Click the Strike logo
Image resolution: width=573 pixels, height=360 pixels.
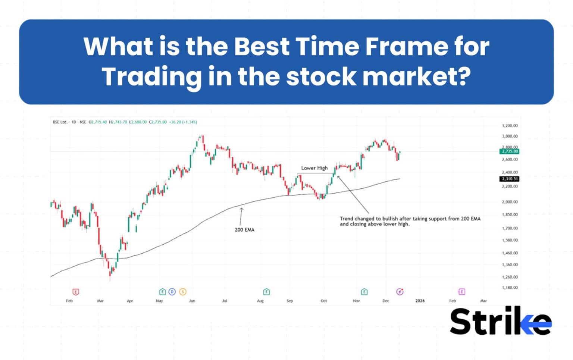pyautogui.click(x=500, y=322)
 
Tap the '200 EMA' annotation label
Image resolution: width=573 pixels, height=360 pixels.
pyautogui.click(x=244, y=230)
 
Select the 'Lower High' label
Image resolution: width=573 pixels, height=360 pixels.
pyautogui.click(x=314, y=168)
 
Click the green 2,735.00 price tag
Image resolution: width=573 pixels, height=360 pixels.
pyautogui.click(x=510, y=151)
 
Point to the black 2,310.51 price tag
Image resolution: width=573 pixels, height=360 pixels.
pyautogui.click(x=510, y=179)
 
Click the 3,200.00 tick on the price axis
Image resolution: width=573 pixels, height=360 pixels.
pyautogui.click(x=510, y=126)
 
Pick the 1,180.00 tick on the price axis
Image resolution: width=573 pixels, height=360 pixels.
pyautogui.click(x=510, y=288)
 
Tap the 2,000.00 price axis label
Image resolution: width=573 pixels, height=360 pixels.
pyautogui.click(x=510, y=202)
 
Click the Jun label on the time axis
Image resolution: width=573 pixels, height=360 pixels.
pyautogui.click(x=192, y=301)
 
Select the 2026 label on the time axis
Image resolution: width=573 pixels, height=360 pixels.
pyautogui.click(x=420, y=301)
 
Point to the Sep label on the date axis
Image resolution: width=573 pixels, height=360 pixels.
pyautogui.click(x=290, y=301)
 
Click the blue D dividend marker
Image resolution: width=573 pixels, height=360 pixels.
pyautogui.click(x=172, y=292)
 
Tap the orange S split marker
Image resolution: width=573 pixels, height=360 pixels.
pyautogui.click(x=183, y=292)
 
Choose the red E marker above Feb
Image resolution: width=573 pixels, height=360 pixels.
pyautogui.click(x=76, y=292)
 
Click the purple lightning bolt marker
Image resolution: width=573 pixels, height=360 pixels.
pyautogui.click(x=400, y=292)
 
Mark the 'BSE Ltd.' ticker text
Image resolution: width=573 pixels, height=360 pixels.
pyautogui.click(x=60, y=122)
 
